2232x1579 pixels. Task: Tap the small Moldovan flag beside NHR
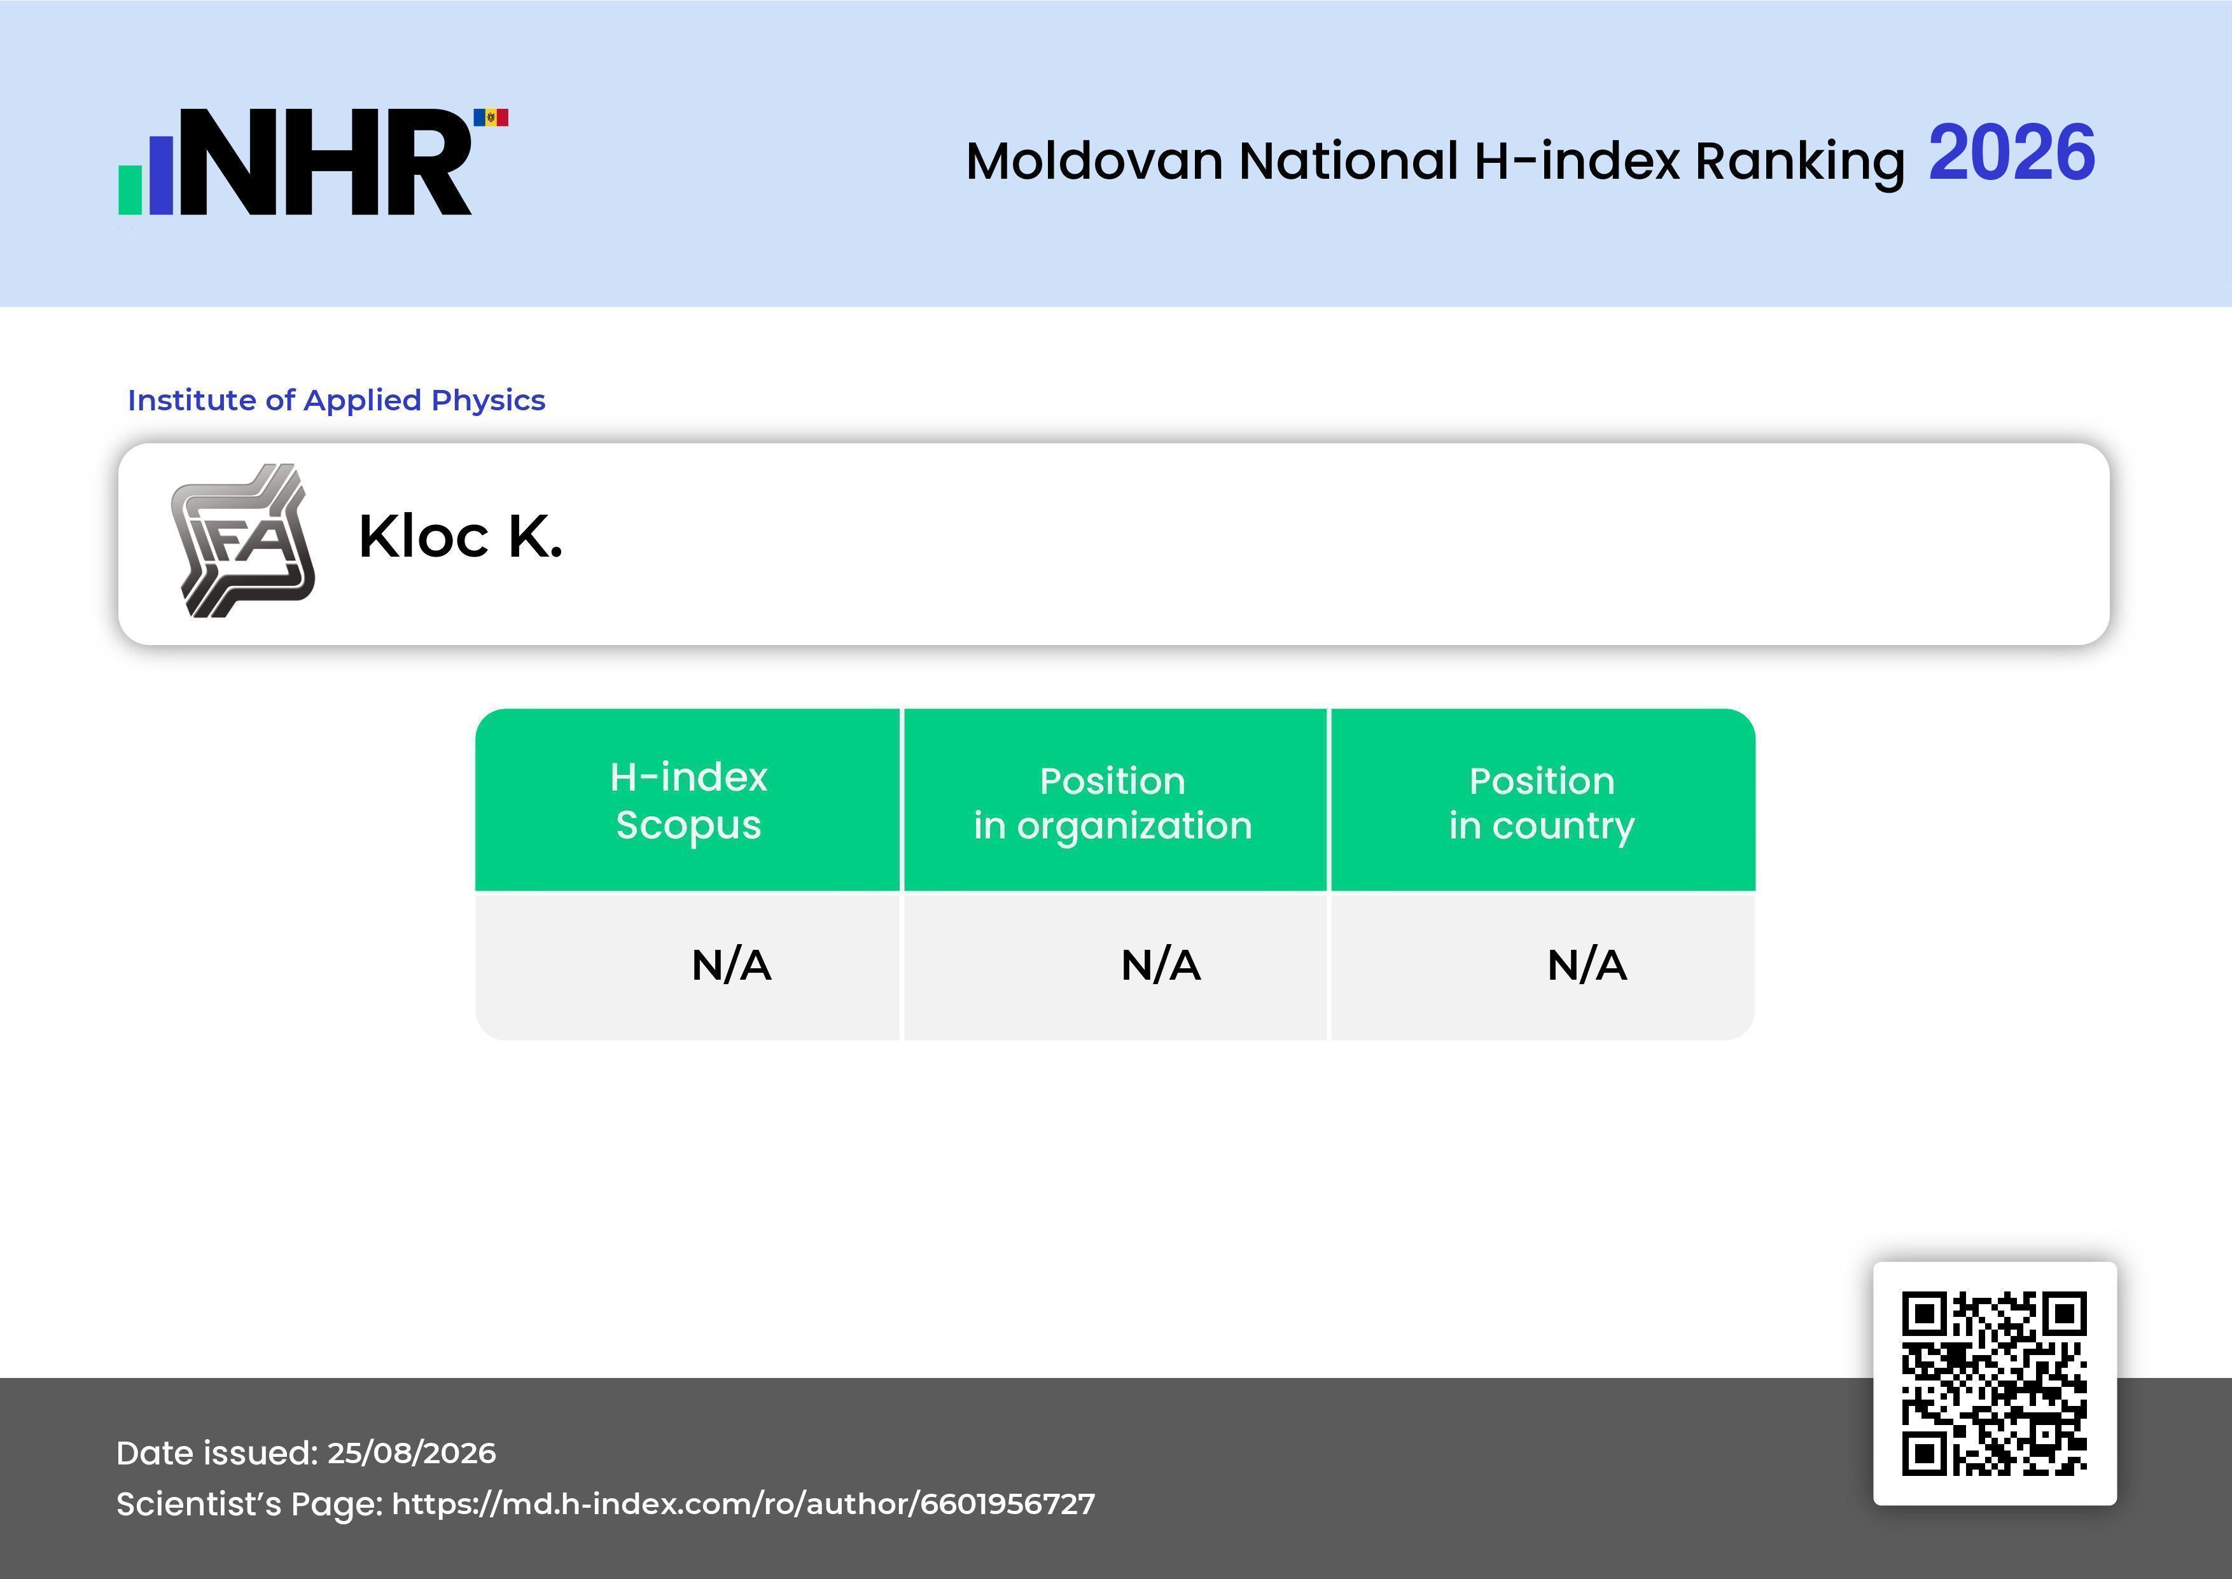491,118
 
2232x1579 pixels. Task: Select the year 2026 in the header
2011,153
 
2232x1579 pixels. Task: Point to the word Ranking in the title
1799,162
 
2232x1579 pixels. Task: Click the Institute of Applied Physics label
337,400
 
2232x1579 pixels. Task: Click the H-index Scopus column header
688,801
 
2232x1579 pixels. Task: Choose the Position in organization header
1113,803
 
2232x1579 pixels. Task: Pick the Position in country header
1542,803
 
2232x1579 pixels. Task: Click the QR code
1995,1384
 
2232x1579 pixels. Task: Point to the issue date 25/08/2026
411,1452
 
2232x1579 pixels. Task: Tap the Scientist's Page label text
249,1504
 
